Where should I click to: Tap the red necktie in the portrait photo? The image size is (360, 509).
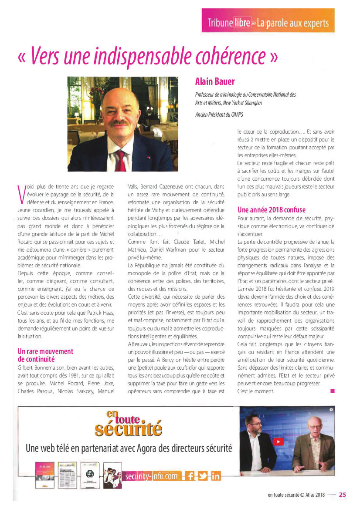[x=120, y=160]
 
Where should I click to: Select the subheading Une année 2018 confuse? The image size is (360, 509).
[x=272, y=209]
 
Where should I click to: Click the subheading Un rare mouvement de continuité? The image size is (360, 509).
[x=45, y=355]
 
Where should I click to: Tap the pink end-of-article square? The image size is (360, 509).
[x=333, y=391]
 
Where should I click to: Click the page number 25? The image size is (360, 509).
[x=343, y=494]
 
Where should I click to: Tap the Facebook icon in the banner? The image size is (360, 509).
[x=190, y=476]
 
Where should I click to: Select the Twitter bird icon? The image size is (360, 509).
[x=203, y=476]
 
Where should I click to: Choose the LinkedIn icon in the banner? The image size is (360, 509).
[x=215, y=476]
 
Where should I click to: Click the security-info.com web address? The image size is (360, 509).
[x=151, y=476]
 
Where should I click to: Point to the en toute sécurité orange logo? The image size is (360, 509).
[x=129, y=425]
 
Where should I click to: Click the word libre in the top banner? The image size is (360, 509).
[x=242, y=23]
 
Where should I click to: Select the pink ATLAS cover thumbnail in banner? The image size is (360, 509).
[x=42, y=475]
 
